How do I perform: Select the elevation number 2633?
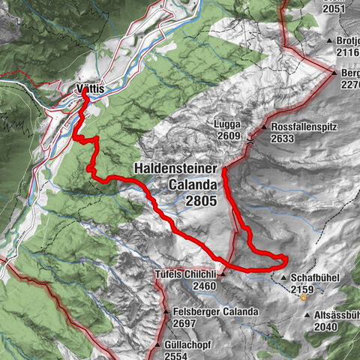(x=286, y=138)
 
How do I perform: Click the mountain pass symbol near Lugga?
(x=251, y=138)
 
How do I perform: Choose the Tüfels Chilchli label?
(x=184, y=274)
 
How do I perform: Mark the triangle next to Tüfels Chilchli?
(x=222, y=274)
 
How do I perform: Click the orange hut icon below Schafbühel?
(x=303, y=297)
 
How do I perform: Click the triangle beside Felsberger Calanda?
(x=166, y=311)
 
